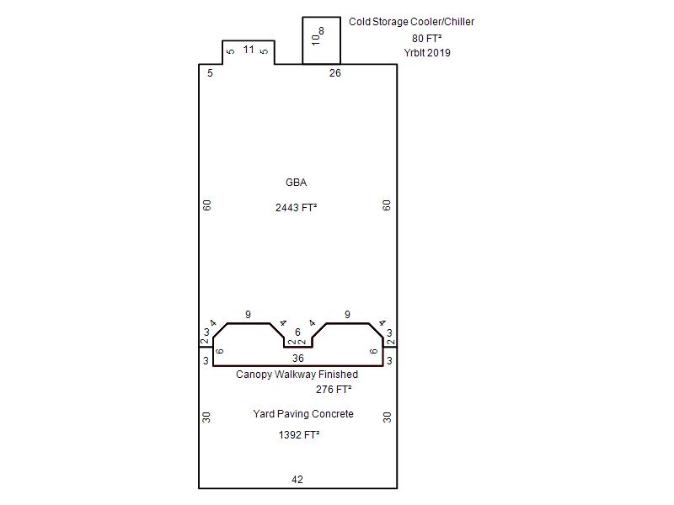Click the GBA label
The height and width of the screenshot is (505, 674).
click(297, 183)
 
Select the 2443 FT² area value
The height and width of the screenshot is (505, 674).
click(297, 208)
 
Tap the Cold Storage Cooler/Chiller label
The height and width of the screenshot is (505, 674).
click(411, 22)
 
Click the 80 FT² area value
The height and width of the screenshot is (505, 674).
click(427, 39)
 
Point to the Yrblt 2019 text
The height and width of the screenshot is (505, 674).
click(427, 53)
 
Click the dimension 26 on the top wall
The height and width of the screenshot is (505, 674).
click(335, 73)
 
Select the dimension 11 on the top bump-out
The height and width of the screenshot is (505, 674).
click(249, 50)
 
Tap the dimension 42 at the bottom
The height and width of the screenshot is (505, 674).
click(297, 480)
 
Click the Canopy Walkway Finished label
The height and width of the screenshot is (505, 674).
click(297, 375)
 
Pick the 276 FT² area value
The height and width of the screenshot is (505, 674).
click(334, 390)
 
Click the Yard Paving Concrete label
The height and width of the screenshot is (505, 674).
click(303, 414)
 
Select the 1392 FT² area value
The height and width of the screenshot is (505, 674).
click(299, 435)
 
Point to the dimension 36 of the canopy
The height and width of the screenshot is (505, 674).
click(298, 359)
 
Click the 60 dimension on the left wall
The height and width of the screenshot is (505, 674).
click(207, 205)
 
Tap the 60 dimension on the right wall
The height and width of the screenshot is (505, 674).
click(387, 205)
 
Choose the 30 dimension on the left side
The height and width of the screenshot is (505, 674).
click(206, 417)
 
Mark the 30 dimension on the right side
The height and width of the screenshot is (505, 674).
click(388, 417)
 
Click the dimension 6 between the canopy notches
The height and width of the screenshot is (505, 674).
click(297, 332)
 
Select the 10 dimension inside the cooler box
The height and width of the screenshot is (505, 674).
click(316, 40)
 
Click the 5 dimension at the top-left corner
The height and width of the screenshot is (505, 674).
click(210, 73)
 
